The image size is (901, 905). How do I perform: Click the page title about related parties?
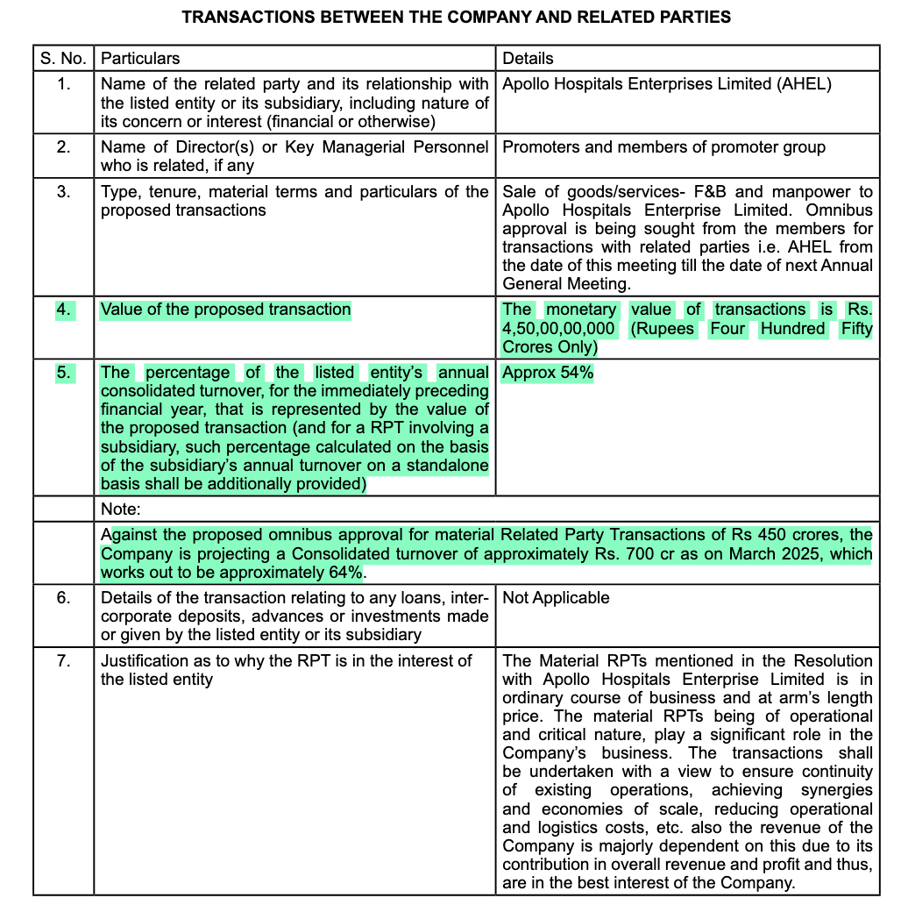pos(455,17)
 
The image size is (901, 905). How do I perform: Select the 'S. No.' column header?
pos(62,59)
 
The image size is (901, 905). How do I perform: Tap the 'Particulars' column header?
pos(140,59)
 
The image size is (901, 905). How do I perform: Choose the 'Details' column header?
pos(528,59)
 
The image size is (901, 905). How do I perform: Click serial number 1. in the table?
pos(63,84)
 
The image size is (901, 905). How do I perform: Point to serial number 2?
pos(63,147)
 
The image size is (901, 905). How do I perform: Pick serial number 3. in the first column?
pos(63,192)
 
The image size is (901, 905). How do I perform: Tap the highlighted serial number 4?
pos(63,310)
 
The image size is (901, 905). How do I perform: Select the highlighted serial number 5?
pos(63,373)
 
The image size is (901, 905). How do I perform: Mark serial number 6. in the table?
pos(63,598)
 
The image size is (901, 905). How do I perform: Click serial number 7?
pos(63,661)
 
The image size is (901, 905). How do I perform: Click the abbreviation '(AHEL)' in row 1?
pos(804,84)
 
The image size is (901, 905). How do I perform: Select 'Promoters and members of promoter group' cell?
pos(663,147)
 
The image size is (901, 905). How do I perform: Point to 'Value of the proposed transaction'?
pos(225,310)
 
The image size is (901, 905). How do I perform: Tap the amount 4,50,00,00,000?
pos(558,329)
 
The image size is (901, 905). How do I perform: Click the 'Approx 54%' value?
pos(548,373)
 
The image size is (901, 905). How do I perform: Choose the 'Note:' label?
pos(121,510)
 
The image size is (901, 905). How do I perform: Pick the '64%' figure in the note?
pos(342,573)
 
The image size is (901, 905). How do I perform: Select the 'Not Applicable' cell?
pos(556,598)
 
